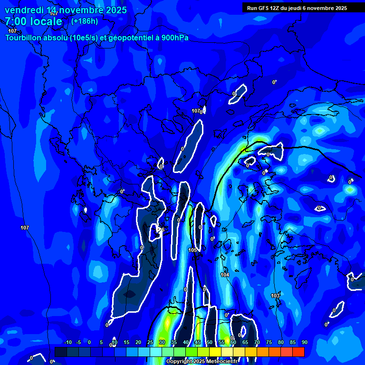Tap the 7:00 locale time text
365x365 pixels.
pos(33,21)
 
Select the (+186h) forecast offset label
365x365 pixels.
pos(85,21)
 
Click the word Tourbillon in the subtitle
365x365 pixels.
pos(24,38)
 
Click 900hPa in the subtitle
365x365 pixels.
pos(175,38)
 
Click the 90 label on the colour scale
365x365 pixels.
pos(304,343)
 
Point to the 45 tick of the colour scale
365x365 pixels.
pos(198,343)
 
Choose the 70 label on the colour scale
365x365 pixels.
pos(257,343)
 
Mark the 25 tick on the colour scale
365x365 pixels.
pos(150,343)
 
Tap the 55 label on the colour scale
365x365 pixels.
pos(221,343)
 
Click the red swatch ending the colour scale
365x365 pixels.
pos(298,352)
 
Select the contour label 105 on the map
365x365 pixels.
pos(192,250)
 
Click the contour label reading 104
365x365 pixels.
pos(225,275)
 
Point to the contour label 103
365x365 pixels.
pos(275,296)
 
